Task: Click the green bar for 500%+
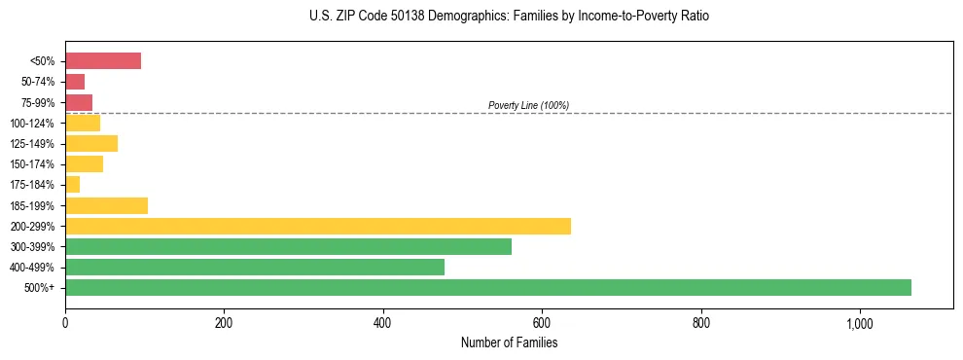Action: click(x=487, y=287)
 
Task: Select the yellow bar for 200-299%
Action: click(x=317, y=226)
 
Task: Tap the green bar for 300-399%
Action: click(x=288, y=246)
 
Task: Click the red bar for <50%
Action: click(x=102, y=61)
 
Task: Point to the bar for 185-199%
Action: click(x=106, y=205)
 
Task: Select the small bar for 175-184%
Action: click(x=72, y=185)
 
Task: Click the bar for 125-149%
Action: click(x=90, y=143)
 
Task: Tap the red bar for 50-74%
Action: click(x=74, y=82)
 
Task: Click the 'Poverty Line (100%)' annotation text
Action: click(x=528, y=105)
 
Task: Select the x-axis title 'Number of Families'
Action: click(x=509, y=342)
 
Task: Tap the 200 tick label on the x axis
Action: click(x=224, y=323)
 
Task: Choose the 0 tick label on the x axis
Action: click(x=65, y=323)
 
